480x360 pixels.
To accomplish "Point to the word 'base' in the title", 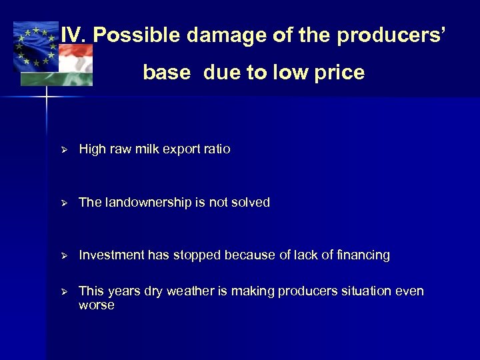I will click(167, 73).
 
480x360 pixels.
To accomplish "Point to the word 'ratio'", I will click(217, 149).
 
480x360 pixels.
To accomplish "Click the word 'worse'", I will click(97, 305).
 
